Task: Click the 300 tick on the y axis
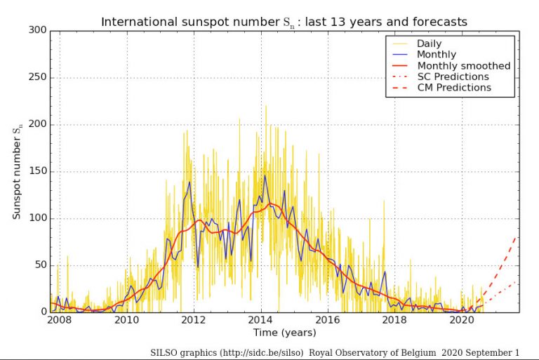coord(38,30)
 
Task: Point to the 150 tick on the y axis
coord(38,171)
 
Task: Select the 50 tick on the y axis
coord(41,265)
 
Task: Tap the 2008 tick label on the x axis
coord(60,321)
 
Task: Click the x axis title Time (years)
coord(284,333)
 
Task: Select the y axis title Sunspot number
coord(17,171)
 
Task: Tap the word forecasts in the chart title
coord(443,22)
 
